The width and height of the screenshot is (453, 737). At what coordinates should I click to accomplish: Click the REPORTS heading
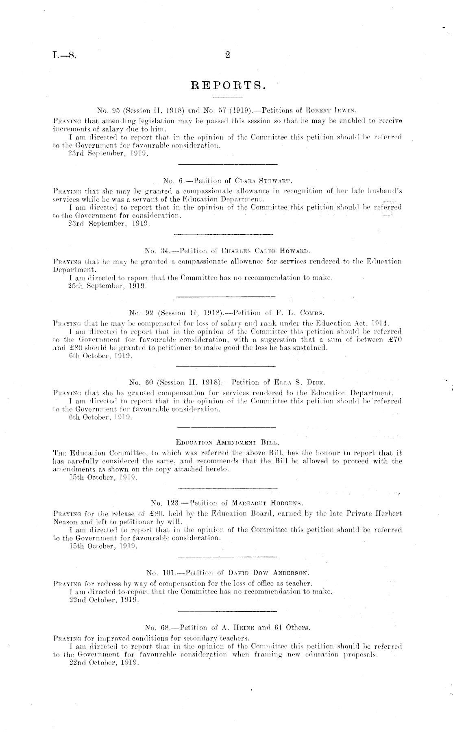(228, 85)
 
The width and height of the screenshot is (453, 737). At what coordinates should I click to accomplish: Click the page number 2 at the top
(227, 57)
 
